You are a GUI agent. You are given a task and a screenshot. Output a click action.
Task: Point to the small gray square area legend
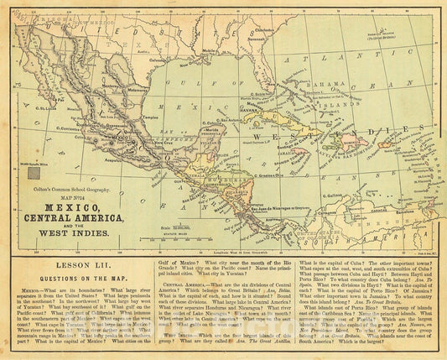(34, 174)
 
